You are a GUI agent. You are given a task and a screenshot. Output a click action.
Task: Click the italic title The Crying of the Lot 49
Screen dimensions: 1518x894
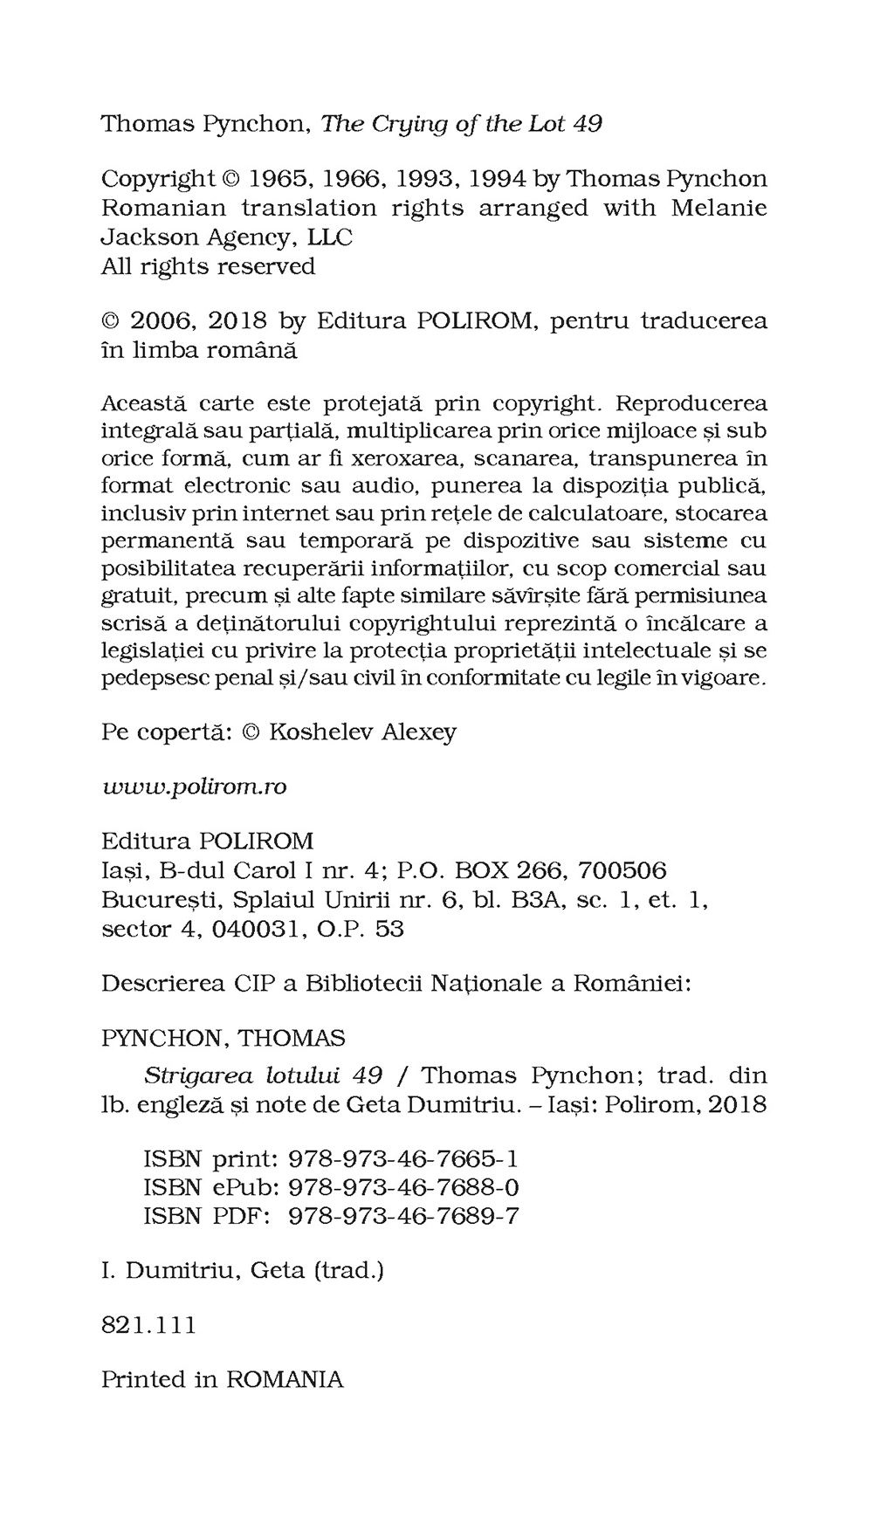point(462,124)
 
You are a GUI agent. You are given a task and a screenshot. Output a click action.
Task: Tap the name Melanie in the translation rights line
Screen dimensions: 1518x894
point(719,208)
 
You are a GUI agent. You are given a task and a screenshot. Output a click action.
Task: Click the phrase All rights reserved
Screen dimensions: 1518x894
point(208,265)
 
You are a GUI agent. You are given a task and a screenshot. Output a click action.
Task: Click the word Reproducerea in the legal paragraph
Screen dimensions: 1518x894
point(691,403)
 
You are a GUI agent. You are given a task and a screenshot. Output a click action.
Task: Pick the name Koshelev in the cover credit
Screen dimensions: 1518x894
point(321,732)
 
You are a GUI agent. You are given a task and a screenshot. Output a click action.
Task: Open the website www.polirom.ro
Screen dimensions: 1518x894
point(194,786)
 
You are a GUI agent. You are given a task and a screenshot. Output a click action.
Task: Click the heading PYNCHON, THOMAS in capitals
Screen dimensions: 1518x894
point(223,1038)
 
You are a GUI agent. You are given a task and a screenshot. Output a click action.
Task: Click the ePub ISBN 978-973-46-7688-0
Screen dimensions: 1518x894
point(402,1187)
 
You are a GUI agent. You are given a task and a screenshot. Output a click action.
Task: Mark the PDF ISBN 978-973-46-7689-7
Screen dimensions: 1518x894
point(402,1216)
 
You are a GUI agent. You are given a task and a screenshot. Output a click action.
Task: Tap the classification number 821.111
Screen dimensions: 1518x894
point(149,1325)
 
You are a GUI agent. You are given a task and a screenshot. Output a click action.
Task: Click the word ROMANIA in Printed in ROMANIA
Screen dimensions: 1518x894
point(285,1380)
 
